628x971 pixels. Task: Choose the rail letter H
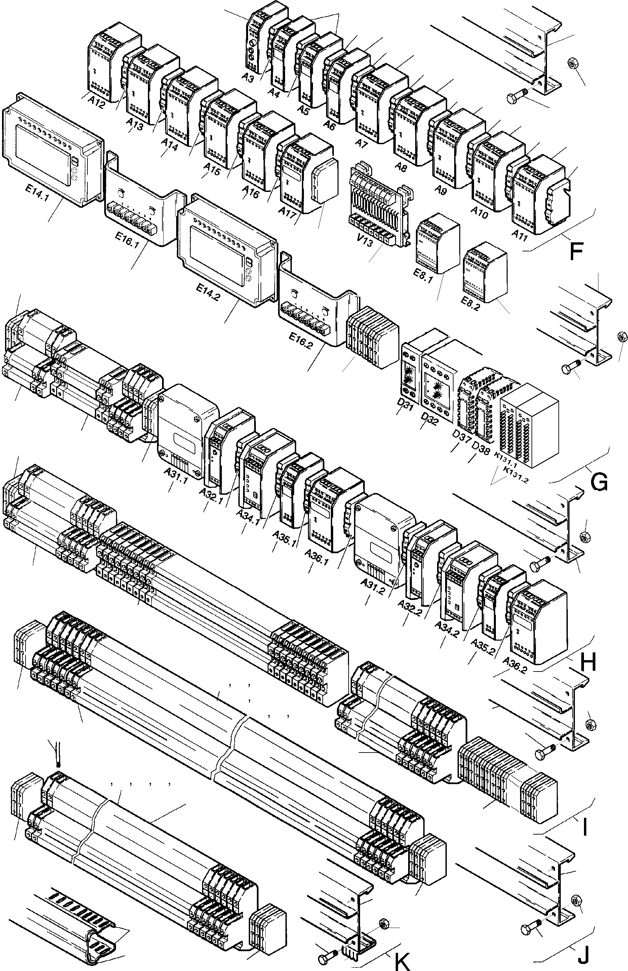coord(588,663)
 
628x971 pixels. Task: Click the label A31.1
coord(176,476)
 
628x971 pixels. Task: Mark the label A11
coord(520,236)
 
